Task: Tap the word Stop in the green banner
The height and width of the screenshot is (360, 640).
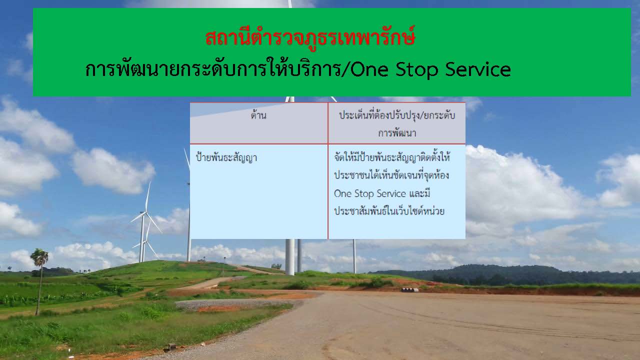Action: (x=416, y=70)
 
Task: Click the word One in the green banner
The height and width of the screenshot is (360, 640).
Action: (x=369, y=69)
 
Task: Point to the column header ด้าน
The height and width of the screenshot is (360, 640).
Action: (x=258, y=115)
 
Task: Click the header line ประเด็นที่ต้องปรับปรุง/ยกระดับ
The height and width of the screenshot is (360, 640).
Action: (x=397, y=115)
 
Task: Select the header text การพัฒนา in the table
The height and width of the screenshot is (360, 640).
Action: (x=397, y=133)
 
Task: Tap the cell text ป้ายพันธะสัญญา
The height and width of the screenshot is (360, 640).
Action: (x=226, y=157)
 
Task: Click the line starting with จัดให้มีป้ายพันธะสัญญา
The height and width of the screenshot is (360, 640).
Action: (x=392, y=157)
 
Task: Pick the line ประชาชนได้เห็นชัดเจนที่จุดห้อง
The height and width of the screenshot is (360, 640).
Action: (x=391, y=175)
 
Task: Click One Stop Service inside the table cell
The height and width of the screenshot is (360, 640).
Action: (x=369, y=193)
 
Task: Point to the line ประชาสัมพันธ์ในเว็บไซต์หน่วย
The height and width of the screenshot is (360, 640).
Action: (x=389, y=211)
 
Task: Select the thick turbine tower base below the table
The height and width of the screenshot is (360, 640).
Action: (x=289, y=256)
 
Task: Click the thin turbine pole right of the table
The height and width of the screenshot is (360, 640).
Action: (x=354, y=256)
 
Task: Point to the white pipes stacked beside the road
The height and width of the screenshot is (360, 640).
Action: (x=409, y=289)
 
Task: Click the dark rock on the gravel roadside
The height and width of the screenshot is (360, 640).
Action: (x=171, y=347)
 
